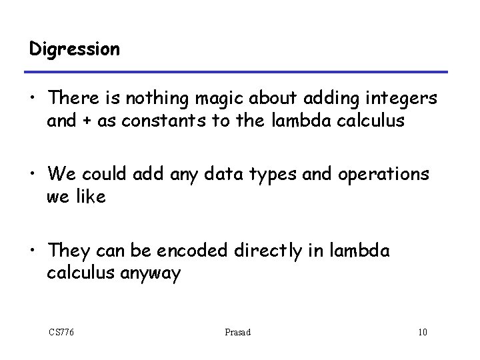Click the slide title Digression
[x=75, y=49]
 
